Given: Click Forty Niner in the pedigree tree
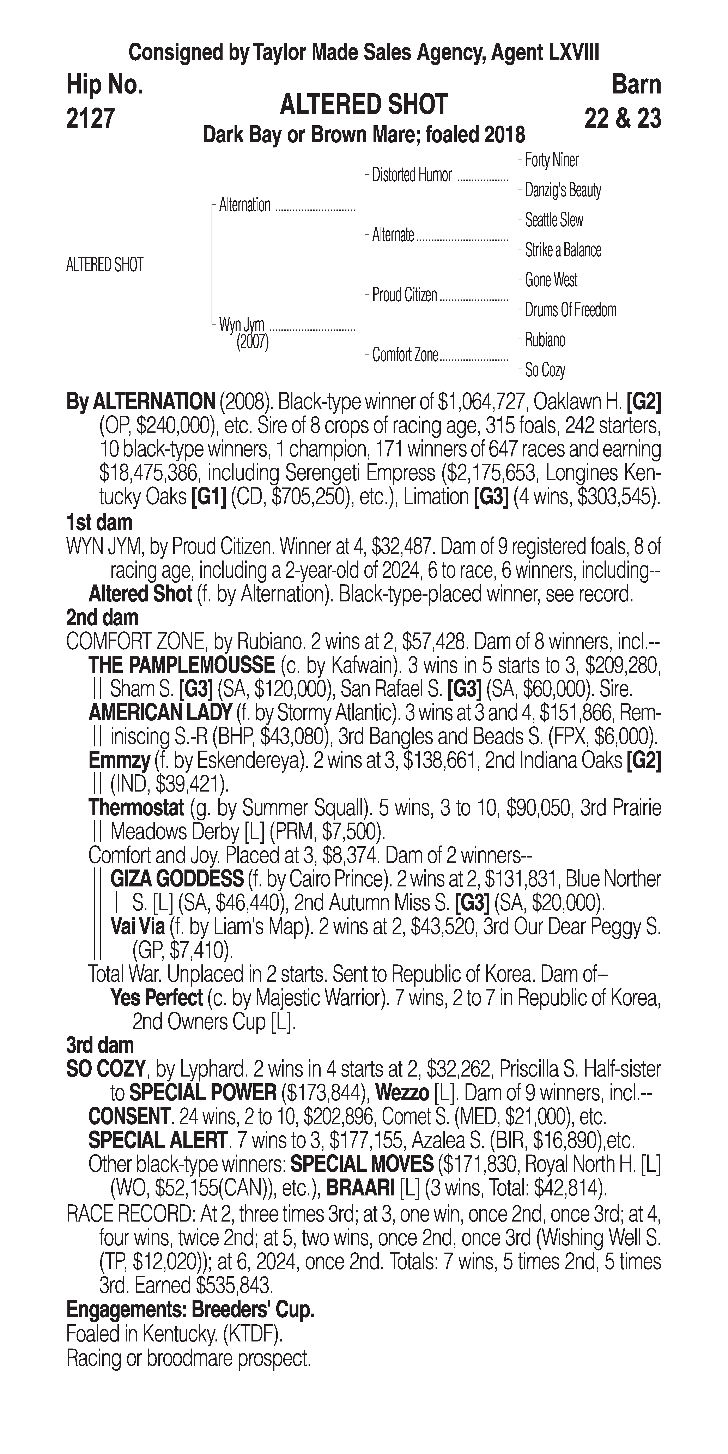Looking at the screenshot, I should click(x=551, y=160).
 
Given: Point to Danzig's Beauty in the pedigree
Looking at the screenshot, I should click(x=563, y=190).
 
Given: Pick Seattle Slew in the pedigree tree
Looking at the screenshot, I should click(x=554, y=220).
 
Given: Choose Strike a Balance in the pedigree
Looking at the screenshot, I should click(x=563, y=250).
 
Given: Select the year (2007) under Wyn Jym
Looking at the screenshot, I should click(x=252, y=342).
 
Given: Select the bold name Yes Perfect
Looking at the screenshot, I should click(x=156, y=998).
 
